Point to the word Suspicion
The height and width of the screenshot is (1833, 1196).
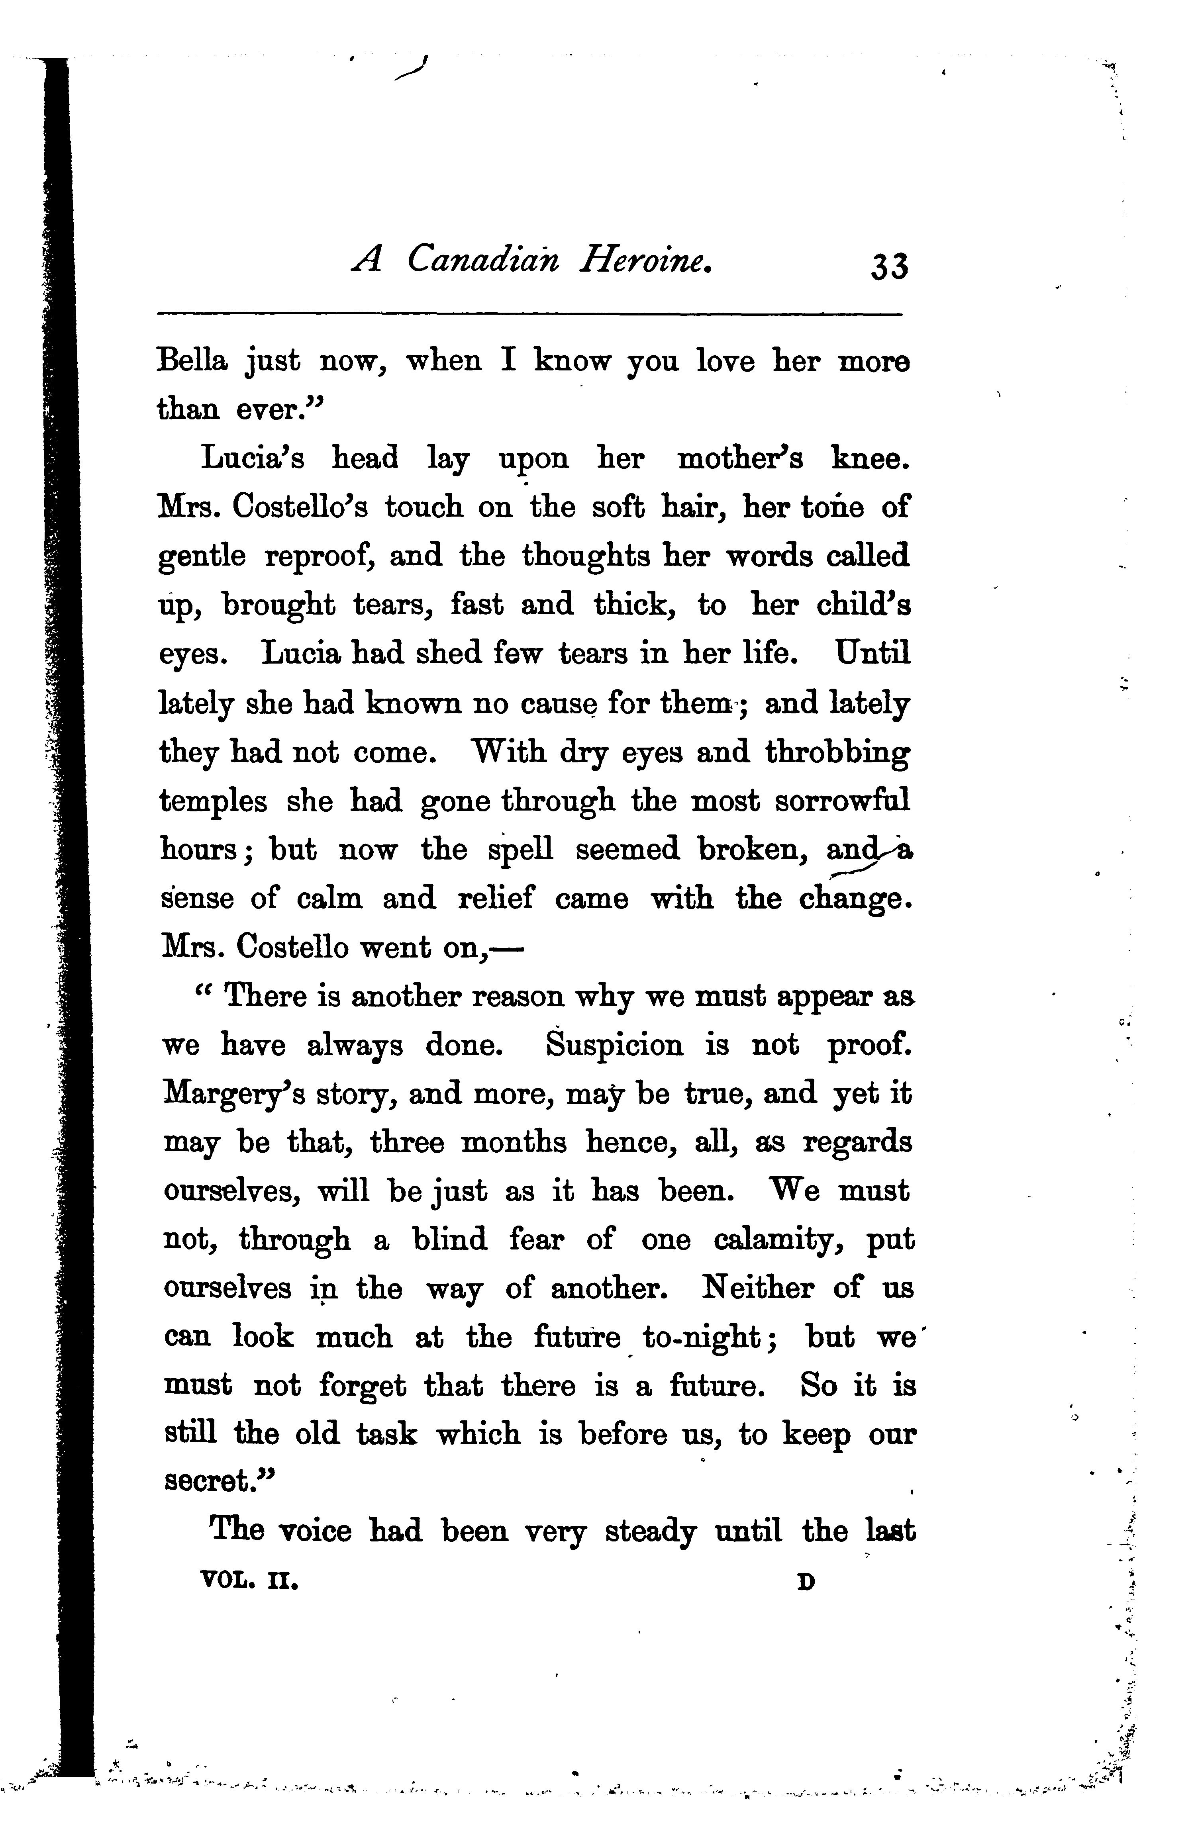point(614,1045)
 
